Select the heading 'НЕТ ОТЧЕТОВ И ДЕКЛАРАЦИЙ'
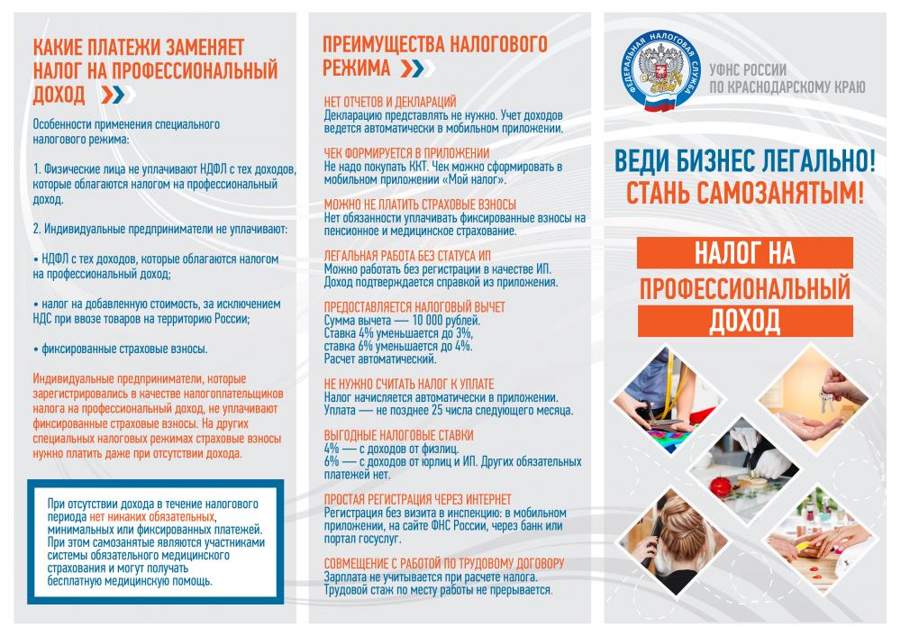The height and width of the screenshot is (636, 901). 389,101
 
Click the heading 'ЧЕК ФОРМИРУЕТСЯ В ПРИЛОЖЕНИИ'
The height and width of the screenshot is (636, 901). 406,153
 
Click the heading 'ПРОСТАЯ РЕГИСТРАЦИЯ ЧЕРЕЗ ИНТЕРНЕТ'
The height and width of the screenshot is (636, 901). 417,499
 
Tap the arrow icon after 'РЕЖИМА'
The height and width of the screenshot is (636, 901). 410,69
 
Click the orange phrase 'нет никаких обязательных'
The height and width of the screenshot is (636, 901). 151,517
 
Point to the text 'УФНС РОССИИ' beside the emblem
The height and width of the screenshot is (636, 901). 750,70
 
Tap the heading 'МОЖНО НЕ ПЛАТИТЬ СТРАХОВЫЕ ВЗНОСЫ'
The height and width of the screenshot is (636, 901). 420,204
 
